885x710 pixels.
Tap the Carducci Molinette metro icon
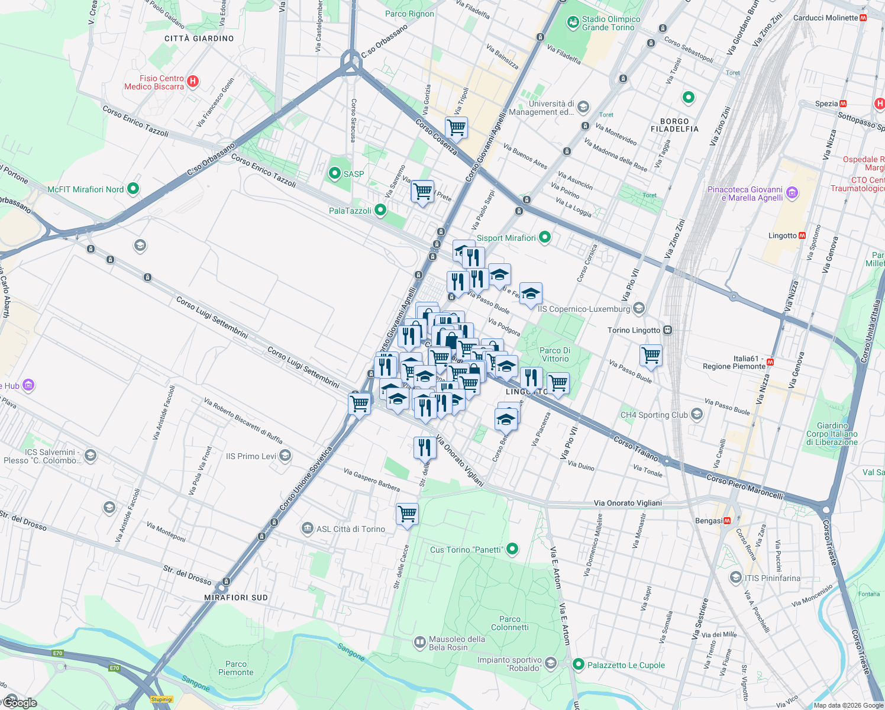click(x=863, y=18)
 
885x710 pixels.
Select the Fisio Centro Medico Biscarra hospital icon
click(x=192, y=82)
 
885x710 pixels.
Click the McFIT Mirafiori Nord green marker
click(x=133, y=189)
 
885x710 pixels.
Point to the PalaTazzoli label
click(x=350, y=211)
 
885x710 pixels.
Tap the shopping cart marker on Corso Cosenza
click(x=456, y=127)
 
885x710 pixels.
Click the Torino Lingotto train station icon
click(x=667, y=330)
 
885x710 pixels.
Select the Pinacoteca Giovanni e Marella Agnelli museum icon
click(x=793, y=193)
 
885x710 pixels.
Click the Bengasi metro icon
click(x=727, y=521)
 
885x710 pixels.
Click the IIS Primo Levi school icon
click(x=285, y=456)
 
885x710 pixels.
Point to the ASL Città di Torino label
click(x=351, y=529)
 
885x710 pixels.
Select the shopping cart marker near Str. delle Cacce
click(x=407, y=514)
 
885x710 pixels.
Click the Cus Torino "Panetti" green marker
click(x=512, y=550)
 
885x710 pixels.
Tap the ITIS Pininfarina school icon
click(x=735, y=578)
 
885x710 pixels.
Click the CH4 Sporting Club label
click(x=654, y=415)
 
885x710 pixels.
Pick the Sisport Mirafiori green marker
click(x=545, y=238)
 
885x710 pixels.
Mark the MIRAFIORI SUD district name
click(x=236, y=598)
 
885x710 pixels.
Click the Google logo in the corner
click(x=20, y=702)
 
